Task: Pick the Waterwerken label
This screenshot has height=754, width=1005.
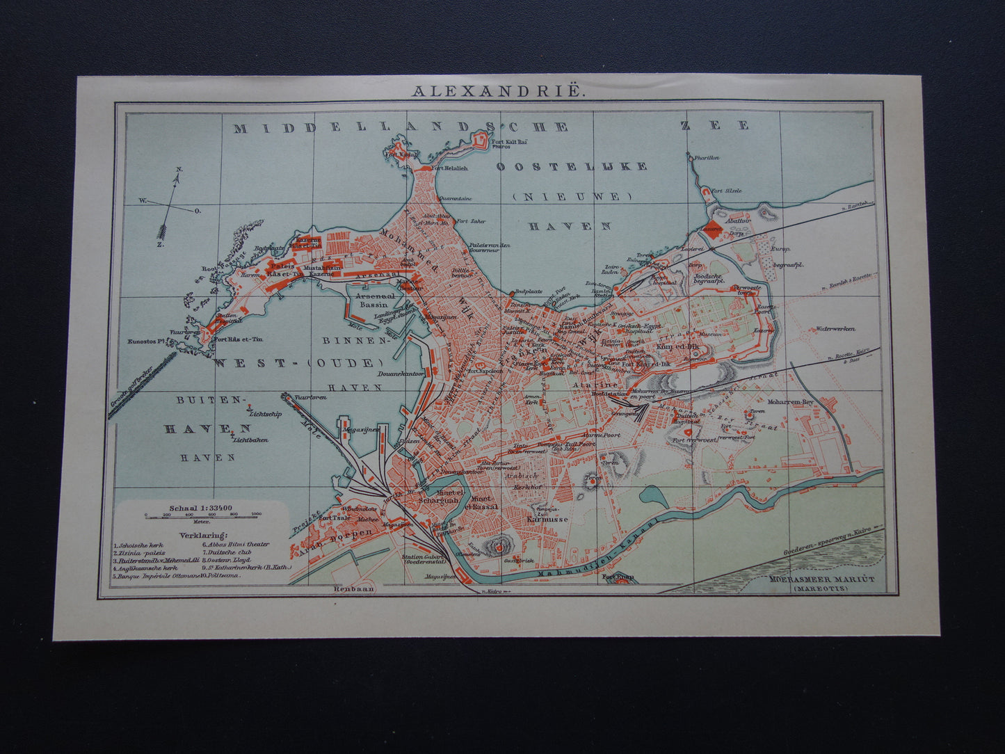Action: pyautogui.click(x=836, y=328)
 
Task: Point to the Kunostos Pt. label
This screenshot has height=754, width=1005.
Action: pyautogui.click(x=145, y=341)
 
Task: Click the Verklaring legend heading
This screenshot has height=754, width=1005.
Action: pyautogui.click(x=202, y=535)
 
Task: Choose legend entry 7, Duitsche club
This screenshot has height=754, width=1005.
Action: pyautogui.click(x=230, y=552)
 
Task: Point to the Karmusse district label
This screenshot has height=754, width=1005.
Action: pyautogui.click(x=547, y=519)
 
